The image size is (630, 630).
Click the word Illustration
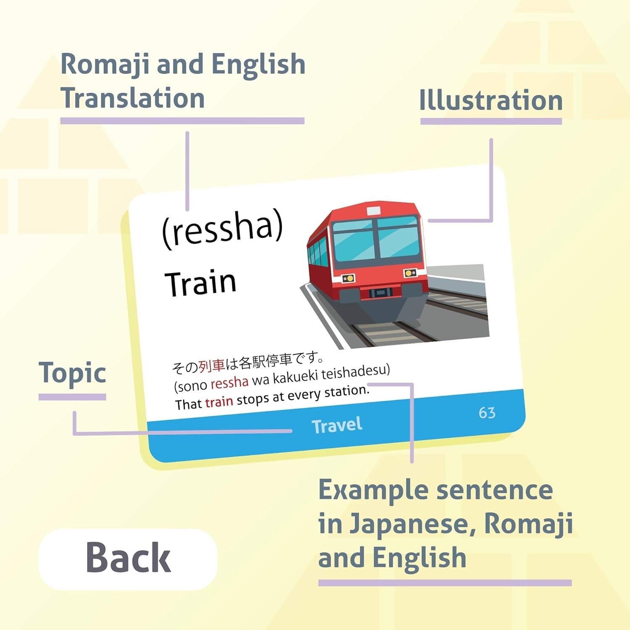pyautogui.click(x=491, y=101)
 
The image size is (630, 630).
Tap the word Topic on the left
pyautogui.click(x=72, y=373)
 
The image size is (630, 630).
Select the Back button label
pyautogui.click(x=128, y=558)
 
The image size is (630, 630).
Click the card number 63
pyautogui.click(x=487, y=413)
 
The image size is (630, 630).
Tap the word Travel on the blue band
pyautogui.click(x=337, y=425)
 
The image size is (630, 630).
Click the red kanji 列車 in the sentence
pyautogui.click(x=212, y=366)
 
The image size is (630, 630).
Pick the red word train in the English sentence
pyautogui.click(x=219, y=402)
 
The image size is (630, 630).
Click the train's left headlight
pyautogui.click(x=348, y=278)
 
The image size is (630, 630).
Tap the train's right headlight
pyautogui.click(x=410, y=273)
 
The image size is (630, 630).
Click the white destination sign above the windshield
pyautogui.click(x=373, y=211)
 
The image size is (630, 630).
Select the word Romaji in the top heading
pyautogui.click(x=105, y=65)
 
